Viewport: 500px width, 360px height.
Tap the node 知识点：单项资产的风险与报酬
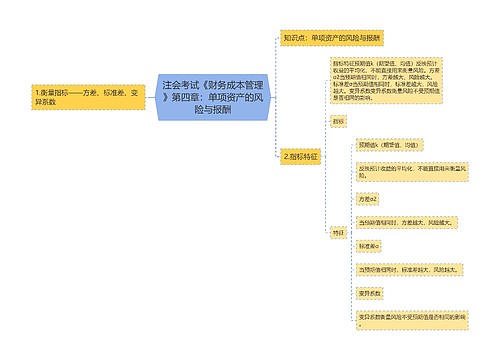coord(331,37)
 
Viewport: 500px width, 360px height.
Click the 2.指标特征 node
coord(301,157)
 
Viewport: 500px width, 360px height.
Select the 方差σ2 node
coord(368,200)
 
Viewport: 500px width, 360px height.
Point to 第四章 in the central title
coord(184,98)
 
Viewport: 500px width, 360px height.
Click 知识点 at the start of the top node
coord(293,37)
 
